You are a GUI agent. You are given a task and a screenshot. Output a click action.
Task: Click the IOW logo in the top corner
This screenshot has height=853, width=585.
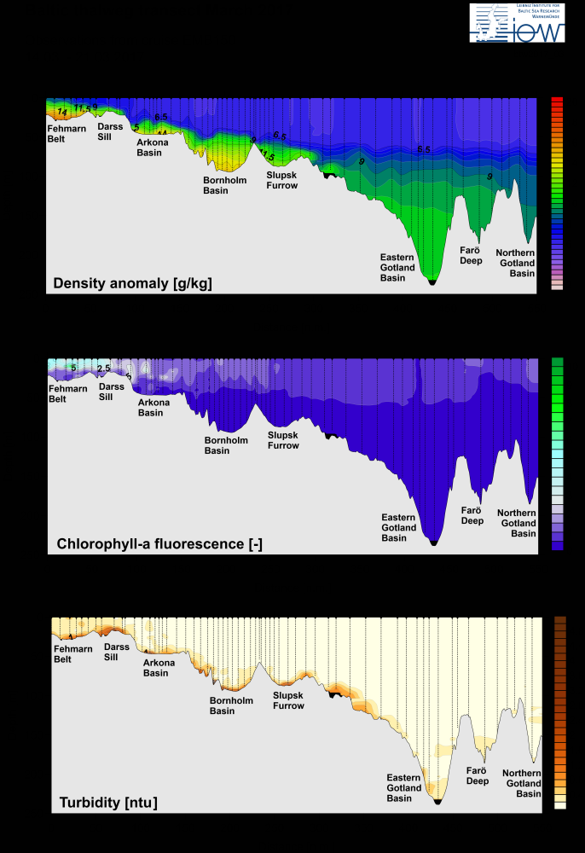point(518,23)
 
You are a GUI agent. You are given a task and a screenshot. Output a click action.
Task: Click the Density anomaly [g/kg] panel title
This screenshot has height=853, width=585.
point(132,283)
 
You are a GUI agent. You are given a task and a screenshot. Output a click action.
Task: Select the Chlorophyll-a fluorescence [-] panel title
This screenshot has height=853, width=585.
point(159,543)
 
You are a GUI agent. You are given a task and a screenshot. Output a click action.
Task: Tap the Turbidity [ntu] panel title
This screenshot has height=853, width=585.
point(107,803)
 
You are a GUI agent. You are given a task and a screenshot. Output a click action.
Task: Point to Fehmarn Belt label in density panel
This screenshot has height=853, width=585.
point(67,133)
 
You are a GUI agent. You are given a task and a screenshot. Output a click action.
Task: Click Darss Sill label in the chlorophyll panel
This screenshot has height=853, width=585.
point(112,392)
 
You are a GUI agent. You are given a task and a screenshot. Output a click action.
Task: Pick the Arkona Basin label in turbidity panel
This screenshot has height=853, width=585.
point(156,668)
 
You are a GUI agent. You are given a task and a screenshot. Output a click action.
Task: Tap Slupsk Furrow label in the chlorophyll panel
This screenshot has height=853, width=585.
point(283,440)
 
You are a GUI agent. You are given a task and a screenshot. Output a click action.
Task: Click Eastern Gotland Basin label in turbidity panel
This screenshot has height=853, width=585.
point(404,788)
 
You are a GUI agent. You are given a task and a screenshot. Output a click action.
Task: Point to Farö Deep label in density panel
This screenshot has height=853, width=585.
point(472,255)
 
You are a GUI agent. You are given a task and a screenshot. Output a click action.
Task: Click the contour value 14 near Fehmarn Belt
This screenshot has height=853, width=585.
point(62,113)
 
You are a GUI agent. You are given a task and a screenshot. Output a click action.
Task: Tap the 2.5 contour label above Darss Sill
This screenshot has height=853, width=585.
point(103,368)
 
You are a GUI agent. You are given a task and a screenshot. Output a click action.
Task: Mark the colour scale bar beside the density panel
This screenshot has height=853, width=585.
point(557,194)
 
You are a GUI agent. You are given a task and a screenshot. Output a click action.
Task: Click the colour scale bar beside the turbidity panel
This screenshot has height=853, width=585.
point(560,712)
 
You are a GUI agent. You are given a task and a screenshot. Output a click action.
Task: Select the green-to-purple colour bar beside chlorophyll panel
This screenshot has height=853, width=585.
point(558,453)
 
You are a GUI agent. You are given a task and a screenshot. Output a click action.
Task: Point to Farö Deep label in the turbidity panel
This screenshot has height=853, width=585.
point(478,775)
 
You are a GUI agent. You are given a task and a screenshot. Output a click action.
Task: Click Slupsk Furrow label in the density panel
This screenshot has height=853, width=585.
point(282,180)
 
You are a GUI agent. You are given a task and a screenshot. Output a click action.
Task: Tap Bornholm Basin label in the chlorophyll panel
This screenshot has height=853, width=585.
point(226,445)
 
